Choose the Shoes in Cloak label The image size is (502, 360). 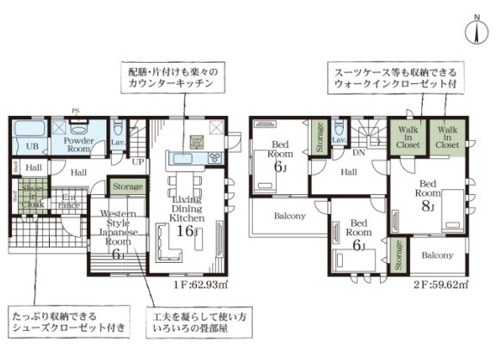(x=33, y=196)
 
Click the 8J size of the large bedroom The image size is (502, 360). (x=427, y=206)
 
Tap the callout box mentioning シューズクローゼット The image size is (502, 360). (x=68, y=322)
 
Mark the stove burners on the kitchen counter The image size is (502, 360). (x=212, y=157)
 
